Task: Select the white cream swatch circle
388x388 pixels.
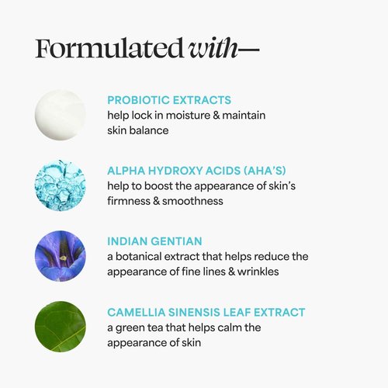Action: tap(60, 114)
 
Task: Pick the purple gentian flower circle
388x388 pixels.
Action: tap(60, 255)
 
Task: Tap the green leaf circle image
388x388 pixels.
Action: tap(60, 326)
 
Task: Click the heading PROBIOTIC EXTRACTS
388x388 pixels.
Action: tap(169, 100)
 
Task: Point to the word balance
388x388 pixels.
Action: tap(150, 131)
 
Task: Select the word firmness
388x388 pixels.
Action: tap(131, 201)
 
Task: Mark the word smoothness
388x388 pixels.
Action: tap(195, 201)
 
